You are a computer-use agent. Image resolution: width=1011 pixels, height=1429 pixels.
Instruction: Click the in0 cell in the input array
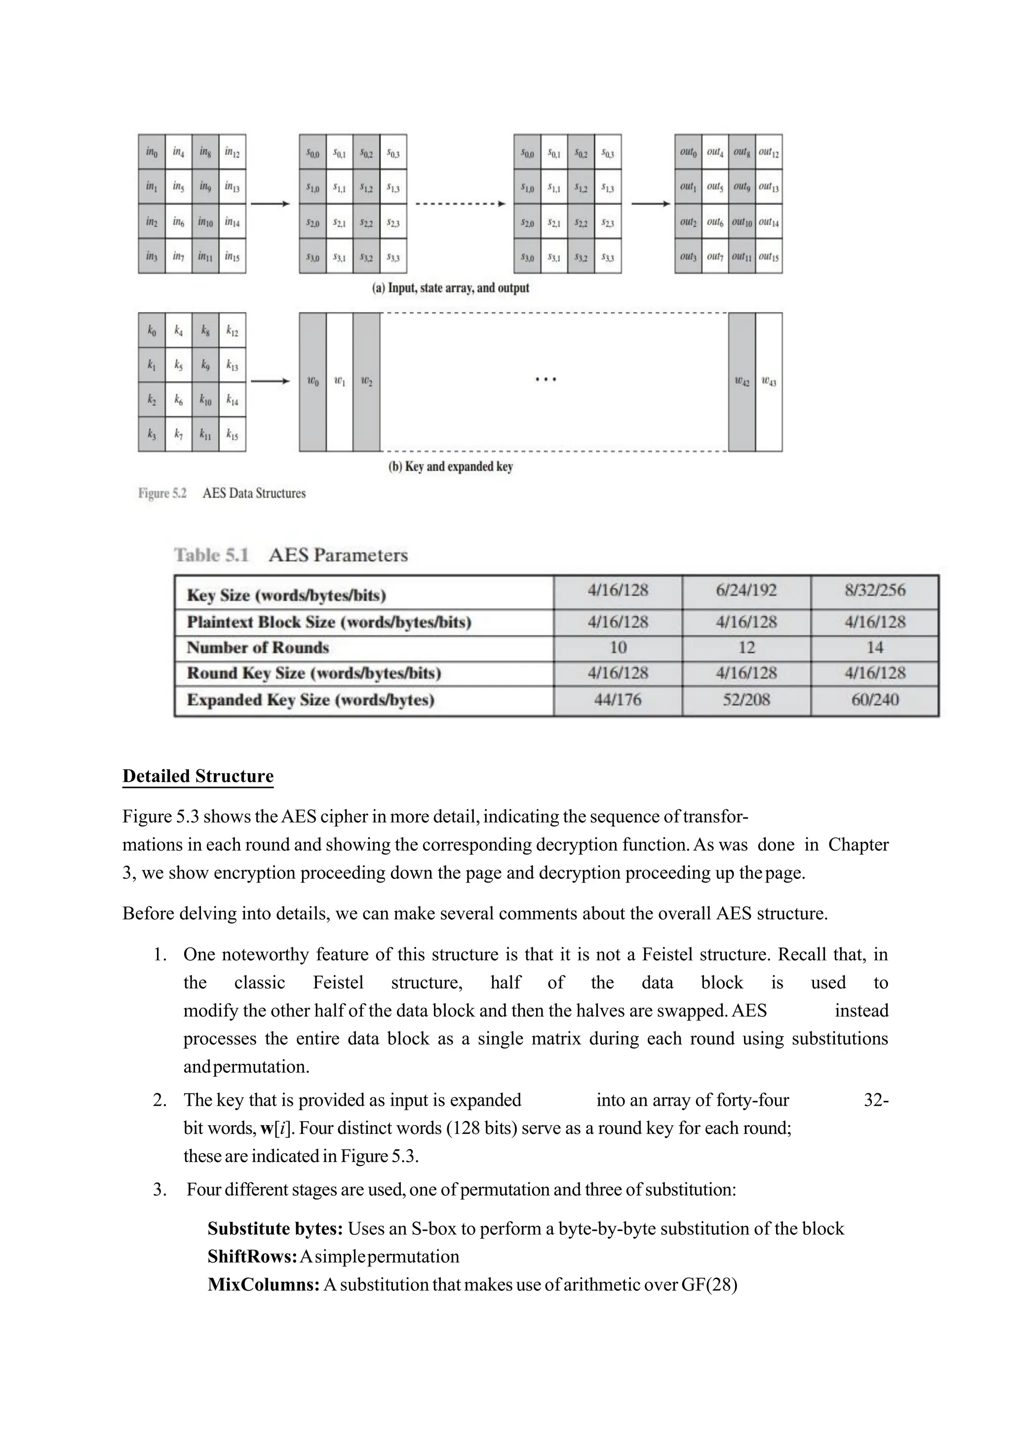(151, 152)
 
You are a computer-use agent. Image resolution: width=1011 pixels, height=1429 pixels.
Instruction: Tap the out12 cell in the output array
(769, 152)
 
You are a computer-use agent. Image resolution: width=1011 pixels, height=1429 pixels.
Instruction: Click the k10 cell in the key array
(205, 400)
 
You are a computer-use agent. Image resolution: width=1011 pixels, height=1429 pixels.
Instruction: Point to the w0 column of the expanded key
(312, 382)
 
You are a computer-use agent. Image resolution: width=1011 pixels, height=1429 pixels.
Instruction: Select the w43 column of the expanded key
(769, 382)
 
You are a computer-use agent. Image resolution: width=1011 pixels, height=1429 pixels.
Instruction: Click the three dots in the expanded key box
(546, 379)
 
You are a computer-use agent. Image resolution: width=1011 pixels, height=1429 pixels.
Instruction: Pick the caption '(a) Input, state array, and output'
(451, 288)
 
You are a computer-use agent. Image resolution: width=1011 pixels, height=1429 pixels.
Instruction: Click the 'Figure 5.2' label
(162, 493)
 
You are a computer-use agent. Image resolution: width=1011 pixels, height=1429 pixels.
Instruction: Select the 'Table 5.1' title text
(212, 555)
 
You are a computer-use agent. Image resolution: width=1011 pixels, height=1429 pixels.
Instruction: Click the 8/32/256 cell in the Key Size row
(875, 591)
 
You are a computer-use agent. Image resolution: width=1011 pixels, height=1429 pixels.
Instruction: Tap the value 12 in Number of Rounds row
(746, 648)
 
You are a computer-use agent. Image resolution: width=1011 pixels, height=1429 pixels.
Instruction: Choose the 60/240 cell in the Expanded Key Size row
(875, 700)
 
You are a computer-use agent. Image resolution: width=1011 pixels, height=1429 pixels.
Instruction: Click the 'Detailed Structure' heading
(198, 776)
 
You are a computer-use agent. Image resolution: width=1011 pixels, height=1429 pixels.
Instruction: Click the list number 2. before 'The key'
(159, 1100)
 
